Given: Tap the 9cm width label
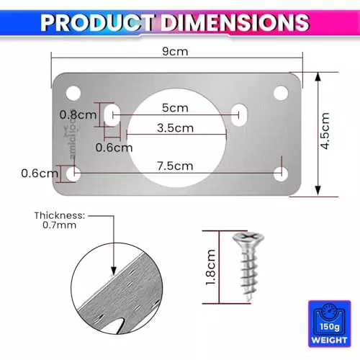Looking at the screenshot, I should tap(176, 52).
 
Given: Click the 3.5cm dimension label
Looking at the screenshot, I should tap(175, 129).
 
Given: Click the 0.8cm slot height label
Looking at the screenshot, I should tap(76, 114).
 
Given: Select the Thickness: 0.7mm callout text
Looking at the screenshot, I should tap(60, 220).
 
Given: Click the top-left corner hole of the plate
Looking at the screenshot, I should tap(73, 92).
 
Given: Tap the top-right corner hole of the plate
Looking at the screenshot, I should tap(281, 92).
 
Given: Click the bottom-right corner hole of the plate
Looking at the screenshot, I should tap(281, 174).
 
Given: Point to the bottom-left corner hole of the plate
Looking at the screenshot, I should tap(73, 174).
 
